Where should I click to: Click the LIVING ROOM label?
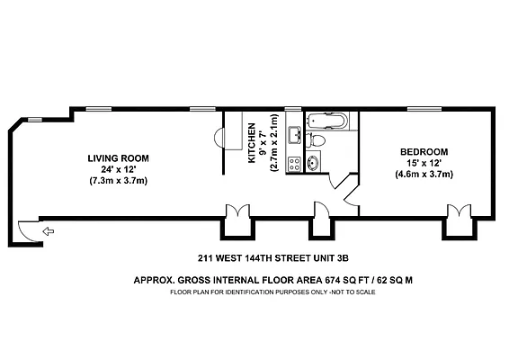pyautogui.click(x=118, y=157)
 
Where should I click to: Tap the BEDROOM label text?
pyautogui.click(x=425, y=151)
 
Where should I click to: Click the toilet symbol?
pyautogui.click(x=317, y=140)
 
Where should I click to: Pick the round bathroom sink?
pyautogui.click(x=312, y=164)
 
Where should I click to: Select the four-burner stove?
pyautogui.click(x=293, y=164)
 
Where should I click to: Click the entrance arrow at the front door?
pyautogui.click(x=48, y=232)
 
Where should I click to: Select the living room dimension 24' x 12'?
pyautogui.click(x=118, y=169)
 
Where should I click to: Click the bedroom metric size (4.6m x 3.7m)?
pyautogui.click(x=425, y=174)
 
